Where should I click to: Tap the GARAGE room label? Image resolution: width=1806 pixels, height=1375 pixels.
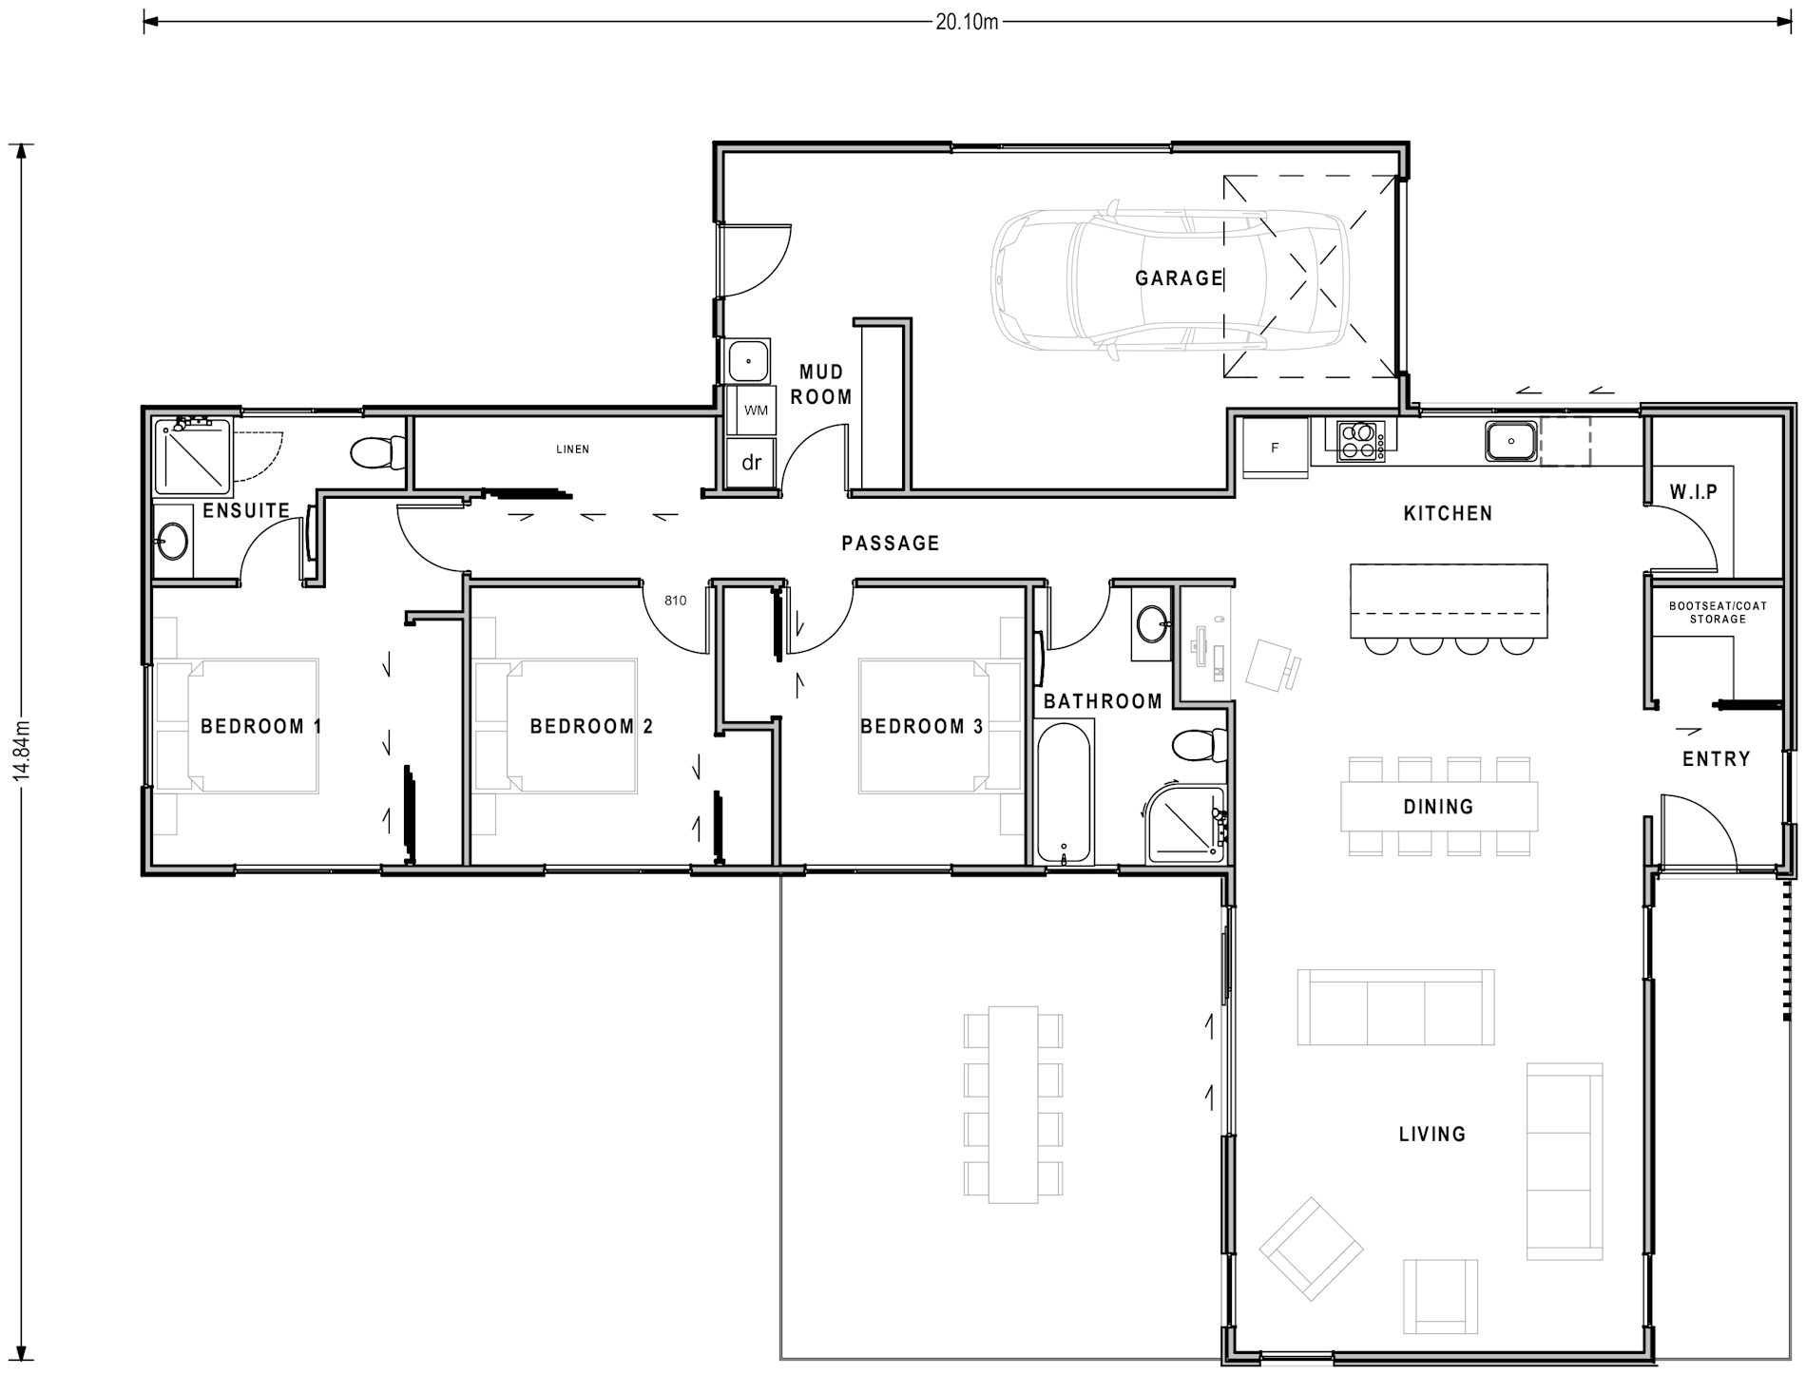(1179, 278)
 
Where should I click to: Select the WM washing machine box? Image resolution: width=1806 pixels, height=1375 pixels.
(756, 411)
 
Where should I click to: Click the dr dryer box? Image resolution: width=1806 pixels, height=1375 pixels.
(752, 463)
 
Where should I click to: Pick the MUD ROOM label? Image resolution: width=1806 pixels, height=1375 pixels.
(820, 384)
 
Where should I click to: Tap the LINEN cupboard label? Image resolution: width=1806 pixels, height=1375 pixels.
(572, 449)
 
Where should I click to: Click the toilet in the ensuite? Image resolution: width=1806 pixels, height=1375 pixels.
(376, 452)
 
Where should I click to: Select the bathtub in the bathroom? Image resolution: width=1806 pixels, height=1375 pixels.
(1064, 791)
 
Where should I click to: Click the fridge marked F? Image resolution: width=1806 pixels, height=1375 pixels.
(1276, 448)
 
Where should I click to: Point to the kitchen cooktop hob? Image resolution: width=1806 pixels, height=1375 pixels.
(1360, 441)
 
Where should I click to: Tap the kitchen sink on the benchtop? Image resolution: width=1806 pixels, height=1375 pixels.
(1510, 442)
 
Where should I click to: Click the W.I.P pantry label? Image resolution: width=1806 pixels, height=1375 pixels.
(1694, 492)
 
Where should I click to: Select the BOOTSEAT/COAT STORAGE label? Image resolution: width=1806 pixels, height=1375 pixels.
(1718, 612)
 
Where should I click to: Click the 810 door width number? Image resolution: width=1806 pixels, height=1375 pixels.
(675, 601)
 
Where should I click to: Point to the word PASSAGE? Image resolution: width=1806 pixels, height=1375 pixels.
(891, 543)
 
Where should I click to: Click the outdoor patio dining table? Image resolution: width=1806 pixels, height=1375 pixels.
(1012, 1103)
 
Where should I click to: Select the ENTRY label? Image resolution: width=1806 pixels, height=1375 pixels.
(1716, 758)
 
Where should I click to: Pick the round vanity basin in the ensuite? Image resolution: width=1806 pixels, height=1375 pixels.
(173, 543)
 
